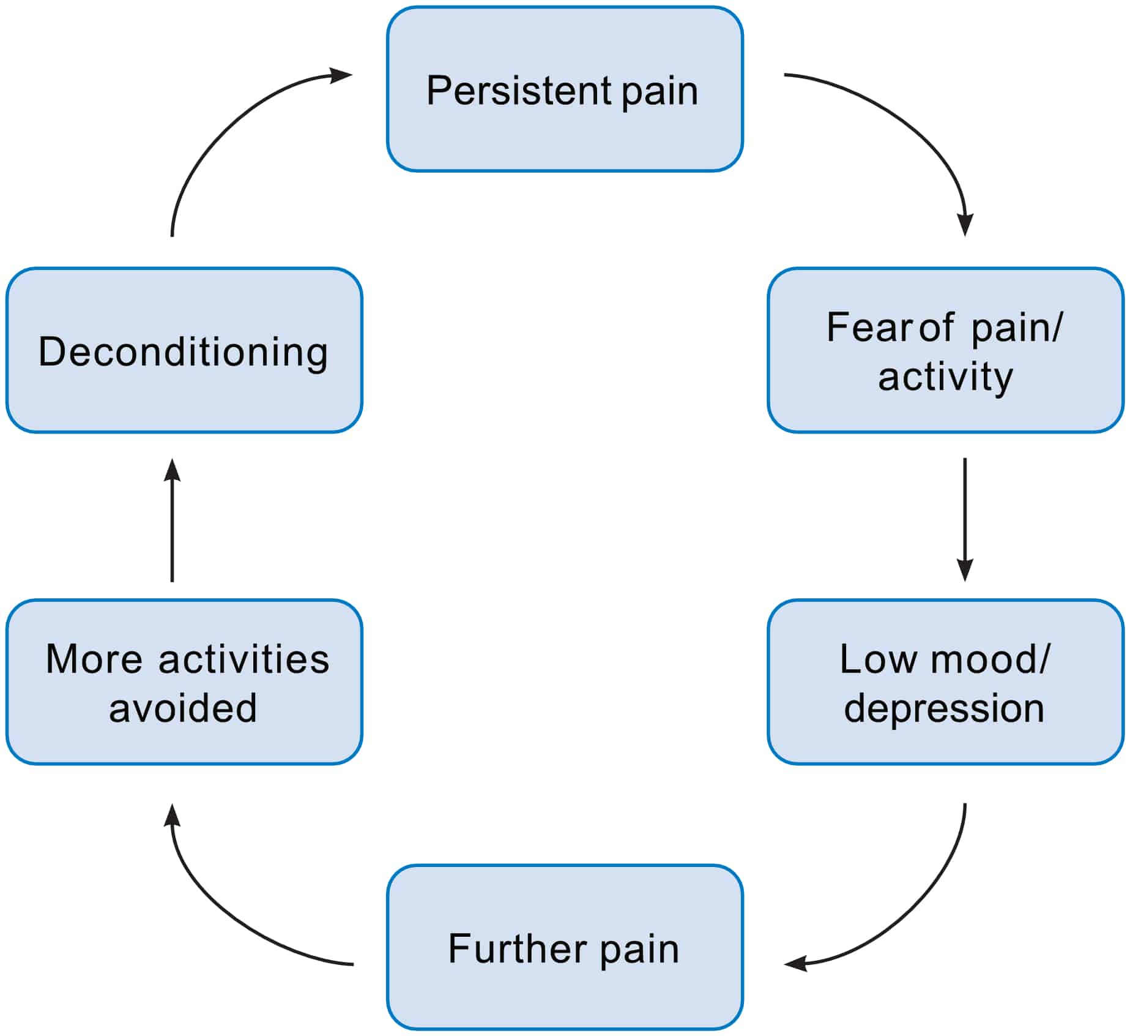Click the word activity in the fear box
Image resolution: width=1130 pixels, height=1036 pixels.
click(945, 377)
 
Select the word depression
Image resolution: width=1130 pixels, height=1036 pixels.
click(944, 709)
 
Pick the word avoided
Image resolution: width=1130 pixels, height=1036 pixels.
click(183, 709)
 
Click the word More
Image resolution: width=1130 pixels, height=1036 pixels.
click(94, 660)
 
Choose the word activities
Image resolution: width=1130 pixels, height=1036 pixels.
click(243, 660)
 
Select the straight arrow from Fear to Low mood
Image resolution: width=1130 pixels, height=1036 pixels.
click(965, 514)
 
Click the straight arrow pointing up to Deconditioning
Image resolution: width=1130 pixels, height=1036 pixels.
click(173, 527)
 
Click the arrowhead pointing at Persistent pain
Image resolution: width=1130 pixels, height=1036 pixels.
click(341, 75)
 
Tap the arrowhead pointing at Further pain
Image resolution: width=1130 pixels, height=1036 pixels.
click(795, 963)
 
